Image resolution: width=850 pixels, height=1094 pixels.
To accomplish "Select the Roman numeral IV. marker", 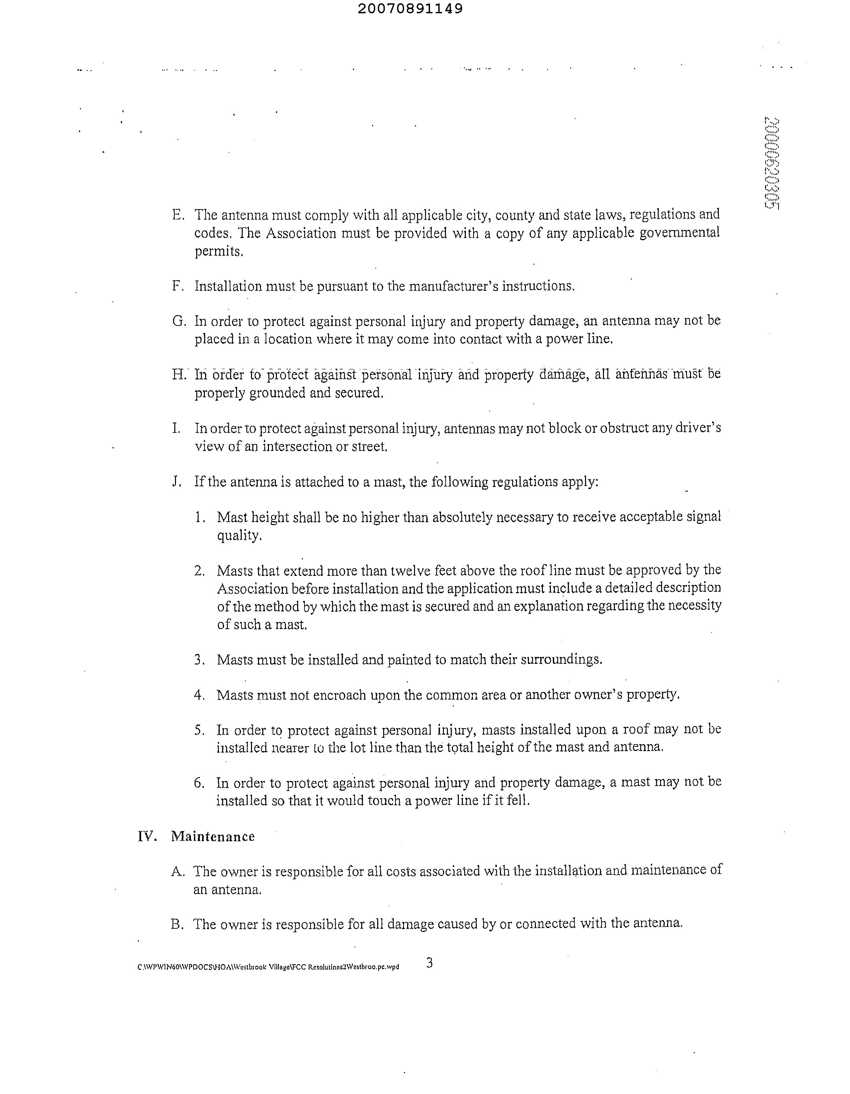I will click(x=147, y=836).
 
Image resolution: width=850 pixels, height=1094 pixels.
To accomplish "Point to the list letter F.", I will click(x=177, y=286).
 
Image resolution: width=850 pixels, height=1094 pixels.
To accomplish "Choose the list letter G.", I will click(x=178, y=321).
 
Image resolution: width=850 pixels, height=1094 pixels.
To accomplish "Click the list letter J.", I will click(x=176, y=482).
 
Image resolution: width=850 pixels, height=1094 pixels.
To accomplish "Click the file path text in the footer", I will click(x=268, y=967).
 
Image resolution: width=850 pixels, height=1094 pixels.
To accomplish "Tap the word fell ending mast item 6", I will click(x=519, y=801).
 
